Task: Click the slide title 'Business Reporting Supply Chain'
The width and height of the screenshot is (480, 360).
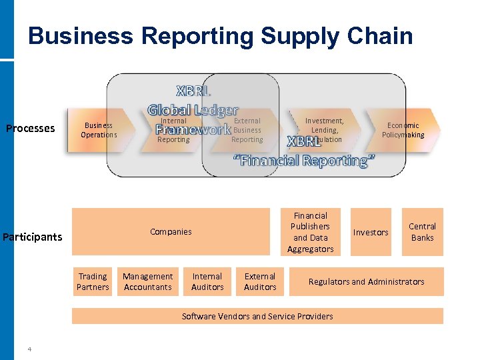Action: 221,36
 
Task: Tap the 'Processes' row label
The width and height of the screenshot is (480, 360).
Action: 30,128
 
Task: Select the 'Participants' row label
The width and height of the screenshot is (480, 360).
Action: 32,237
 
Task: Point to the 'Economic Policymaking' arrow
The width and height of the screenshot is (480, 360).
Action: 403,130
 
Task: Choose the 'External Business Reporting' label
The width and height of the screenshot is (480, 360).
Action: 247,131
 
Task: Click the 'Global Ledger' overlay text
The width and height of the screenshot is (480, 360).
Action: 193,109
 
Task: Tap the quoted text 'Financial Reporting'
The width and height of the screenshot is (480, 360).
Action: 304,161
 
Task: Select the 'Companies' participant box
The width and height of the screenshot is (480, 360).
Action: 171,232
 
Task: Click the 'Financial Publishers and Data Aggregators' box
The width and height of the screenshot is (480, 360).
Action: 310,232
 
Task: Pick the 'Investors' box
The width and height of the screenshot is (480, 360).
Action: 371,232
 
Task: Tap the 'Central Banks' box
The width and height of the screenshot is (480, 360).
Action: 422,232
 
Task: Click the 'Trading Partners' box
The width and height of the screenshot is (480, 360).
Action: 93,281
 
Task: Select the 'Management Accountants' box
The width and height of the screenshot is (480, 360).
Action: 147,281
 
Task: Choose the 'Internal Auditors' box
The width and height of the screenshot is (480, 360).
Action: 207,281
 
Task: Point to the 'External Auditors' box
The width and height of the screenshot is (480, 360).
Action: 260,281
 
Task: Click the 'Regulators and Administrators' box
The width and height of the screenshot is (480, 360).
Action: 366,281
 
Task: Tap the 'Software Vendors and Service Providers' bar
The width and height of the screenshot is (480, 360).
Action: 257,316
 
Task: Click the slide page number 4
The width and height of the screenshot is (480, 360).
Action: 29,348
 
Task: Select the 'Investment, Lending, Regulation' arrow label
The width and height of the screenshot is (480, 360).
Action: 325,130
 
